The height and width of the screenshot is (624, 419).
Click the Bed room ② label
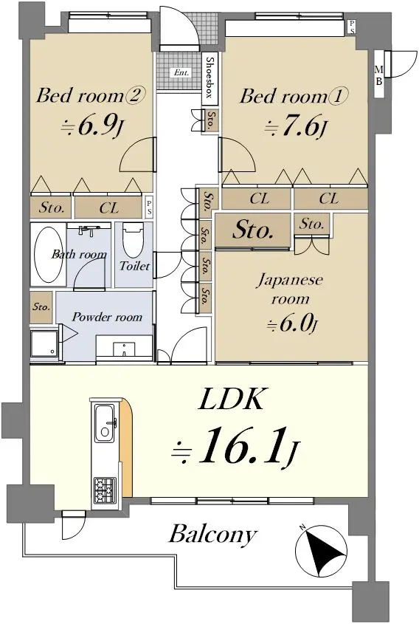[x=91, y=95]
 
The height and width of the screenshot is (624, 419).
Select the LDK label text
[x=231, y=400]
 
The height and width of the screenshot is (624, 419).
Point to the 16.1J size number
[x=235, y=446]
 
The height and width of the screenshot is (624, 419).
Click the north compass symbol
[x=321, y=552]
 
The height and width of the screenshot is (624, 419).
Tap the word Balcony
[x=212, y=535]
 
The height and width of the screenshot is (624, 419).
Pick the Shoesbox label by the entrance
[x=209, y=78]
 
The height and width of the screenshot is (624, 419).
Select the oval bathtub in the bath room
[x=49, y=255]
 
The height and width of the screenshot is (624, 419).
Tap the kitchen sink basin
[x=105, y=422]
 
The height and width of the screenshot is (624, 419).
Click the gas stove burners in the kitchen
[x=105, y=490]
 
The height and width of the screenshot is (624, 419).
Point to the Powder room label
[x=107, y=317]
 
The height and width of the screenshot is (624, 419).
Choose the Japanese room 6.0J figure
[x=292, y=324]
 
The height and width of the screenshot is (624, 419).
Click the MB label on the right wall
[x=379, y=75]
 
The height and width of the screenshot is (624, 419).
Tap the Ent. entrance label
[x=181, y=72]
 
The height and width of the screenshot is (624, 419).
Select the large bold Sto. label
[x=253, y=230]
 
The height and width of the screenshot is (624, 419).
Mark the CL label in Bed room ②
[x=109, y=208]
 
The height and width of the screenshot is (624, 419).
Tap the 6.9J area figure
[x=91, y=126]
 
